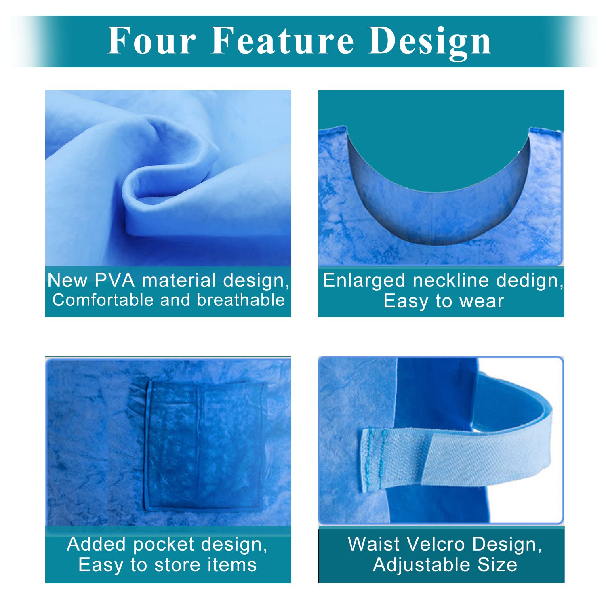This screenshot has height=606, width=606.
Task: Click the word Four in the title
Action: point(151,40)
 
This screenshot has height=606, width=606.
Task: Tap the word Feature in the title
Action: point(282,40)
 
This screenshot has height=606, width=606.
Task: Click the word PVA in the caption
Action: point(114,280)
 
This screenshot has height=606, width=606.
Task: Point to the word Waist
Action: point(374,544)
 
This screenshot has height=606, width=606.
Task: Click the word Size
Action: point(497,565)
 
